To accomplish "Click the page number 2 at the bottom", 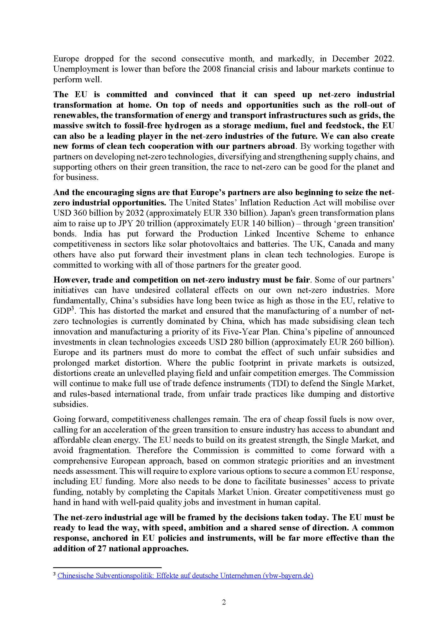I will [224, 602].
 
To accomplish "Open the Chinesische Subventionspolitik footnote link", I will [185, 576].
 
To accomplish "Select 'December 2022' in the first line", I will [363, 59].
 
